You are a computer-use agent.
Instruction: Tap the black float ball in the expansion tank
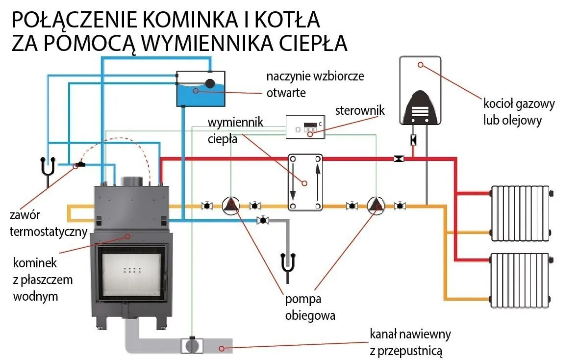tap(210, 84)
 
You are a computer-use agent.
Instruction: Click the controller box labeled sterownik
tap(305, 127)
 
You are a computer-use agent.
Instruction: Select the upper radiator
tap(520, 213)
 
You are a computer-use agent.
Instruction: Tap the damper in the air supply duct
tap(192, 345)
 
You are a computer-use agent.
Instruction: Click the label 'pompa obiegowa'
tap(310, 307)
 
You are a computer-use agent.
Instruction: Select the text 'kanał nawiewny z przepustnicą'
tap(410, 342)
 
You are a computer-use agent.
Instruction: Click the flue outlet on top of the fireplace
tap(131, 180)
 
